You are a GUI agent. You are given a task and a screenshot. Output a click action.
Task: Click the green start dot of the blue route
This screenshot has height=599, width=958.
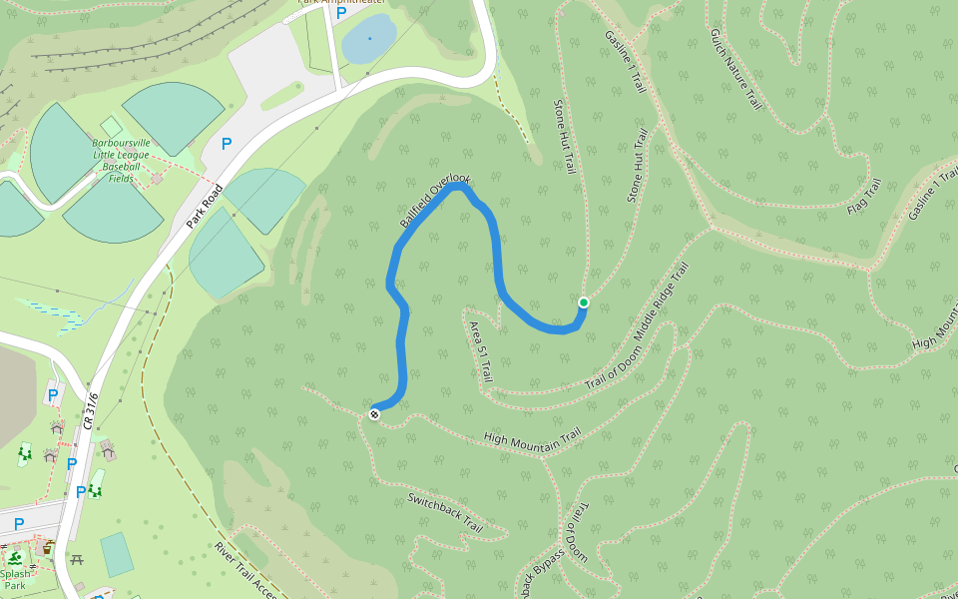pyautogui.click(x=584, y=302)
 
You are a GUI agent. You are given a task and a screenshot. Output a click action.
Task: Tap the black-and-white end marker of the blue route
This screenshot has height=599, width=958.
pyautogui.click(x=374, y=413)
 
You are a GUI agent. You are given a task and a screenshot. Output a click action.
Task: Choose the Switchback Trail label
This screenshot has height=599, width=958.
pyautogui.click(x=445, y=512)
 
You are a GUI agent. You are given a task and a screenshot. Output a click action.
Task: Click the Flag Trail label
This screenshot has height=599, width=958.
pyautogui.click(x=864, y=198)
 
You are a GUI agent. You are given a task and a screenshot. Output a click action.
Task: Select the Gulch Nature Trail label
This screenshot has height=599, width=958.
pyautogui.click(x=735, y=68)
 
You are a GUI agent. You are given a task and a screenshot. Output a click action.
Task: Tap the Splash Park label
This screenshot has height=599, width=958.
pyautogui.click(x=15, y=579)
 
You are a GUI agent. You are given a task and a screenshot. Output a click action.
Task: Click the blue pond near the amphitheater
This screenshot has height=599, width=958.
pyautogui.click(x=368, y=39)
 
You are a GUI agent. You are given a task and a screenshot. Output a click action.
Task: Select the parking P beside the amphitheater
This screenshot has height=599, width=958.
pyautogui.click(x=341, y=13)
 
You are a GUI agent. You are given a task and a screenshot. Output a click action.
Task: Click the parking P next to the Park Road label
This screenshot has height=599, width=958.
pyautogui.click(x=227, y=144)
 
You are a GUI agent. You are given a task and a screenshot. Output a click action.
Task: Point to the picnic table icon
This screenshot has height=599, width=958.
pyautogui.click(x=77, y=560)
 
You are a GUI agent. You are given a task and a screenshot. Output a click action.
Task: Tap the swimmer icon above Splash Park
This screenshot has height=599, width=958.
pyautogui.click(x=15, y=557)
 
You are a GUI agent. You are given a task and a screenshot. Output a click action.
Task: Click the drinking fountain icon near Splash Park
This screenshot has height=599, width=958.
pyautogui.click(x=48, y=547)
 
